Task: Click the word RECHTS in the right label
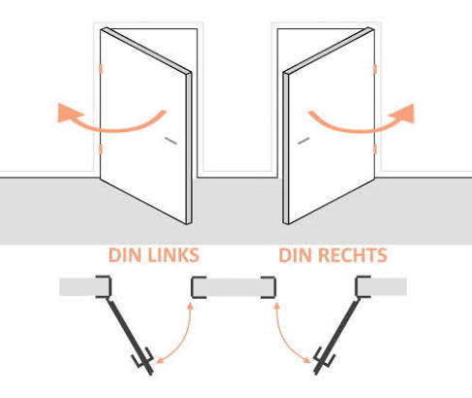(353, 255)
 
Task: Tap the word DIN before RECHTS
(297, 255)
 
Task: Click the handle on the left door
(171, 141)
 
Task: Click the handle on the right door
(303, 141)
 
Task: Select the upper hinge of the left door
(101, 69)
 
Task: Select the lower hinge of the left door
(101, 149)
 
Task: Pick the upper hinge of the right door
(375, 69)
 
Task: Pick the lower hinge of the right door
(375, 149)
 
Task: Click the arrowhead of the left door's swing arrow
(69, 113)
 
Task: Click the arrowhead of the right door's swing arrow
(403, 114)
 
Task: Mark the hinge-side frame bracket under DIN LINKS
(104, 286)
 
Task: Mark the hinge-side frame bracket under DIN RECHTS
(362, 286)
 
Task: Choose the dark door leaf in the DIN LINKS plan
(129, 336)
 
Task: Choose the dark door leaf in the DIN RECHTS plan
(338, 336)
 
